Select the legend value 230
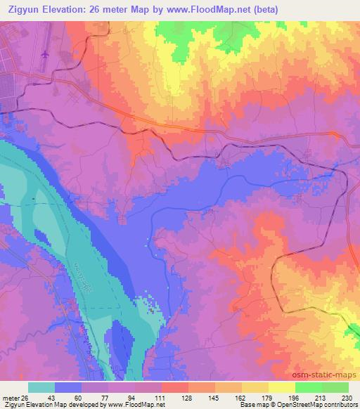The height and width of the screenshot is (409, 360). [x=347, y=397]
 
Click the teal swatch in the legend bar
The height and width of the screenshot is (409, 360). [x=41, y=387]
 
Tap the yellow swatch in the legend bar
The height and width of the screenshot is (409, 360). [x=282, y=387]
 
